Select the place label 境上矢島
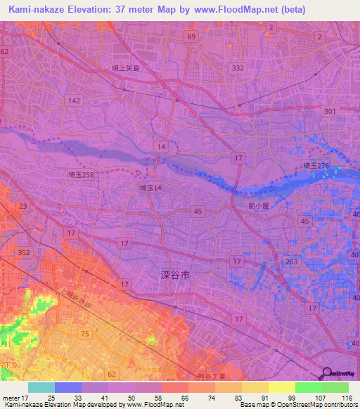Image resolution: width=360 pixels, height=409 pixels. [125, 68]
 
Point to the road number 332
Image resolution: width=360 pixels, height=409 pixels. [238, 68]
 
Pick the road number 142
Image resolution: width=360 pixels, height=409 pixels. [74, 101]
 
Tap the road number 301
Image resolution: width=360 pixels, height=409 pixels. [330, 111]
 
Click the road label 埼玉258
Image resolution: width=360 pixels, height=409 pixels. [81, 174]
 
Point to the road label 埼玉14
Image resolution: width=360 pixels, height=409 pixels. [150, 188]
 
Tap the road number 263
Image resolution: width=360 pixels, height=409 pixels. [292, 261]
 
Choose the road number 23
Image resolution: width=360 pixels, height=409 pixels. [23, 206]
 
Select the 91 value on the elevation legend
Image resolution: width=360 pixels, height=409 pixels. [269, 398]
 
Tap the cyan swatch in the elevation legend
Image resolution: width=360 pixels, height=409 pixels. [41, 387]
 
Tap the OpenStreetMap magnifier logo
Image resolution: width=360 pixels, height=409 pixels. [327, 373]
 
